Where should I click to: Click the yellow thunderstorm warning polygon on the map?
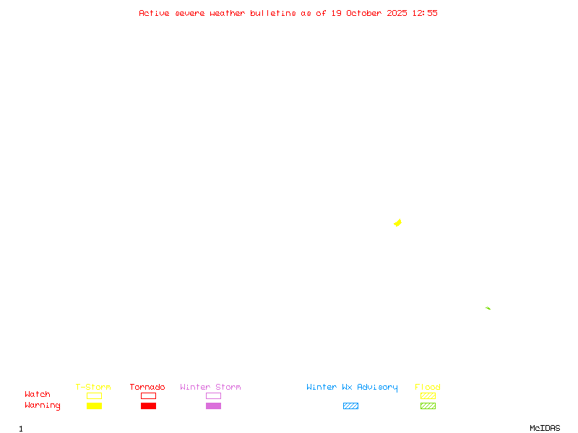(x=397, y=223)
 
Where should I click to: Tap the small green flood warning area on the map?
(x=488, y=308)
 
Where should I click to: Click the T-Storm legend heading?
(x=93, y=388)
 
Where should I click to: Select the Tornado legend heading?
(x=147, y=388)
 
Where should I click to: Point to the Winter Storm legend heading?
(x=210, y=388)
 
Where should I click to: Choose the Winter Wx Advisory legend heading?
(x=352, y=388)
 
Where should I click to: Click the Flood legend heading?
(x=428, y=388)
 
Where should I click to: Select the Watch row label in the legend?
(x=38, y=395)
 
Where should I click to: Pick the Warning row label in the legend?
(x=43, y=406)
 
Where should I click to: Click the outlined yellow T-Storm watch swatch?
(x=94, y=395)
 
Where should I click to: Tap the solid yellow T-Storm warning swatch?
(x=94, y=406)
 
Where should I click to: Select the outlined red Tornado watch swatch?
(x=148, y=395)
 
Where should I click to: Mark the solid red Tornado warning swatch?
(x=148, y=406)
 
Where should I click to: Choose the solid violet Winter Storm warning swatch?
(x=213, y=406)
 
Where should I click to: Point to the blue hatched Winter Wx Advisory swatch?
(x=350, y=406)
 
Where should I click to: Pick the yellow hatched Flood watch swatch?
(x=428, y=395)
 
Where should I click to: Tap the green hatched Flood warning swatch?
(x=428, y=406)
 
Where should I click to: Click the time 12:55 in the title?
(x=425, y=13)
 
